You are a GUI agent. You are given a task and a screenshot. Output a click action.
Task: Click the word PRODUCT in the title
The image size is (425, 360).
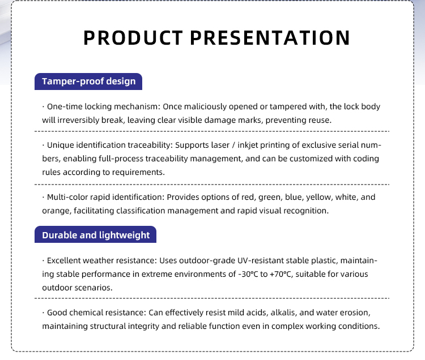[x=133, y=37]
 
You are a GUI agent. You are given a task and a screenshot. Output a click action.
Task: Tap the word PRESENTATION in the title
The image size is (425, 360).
[x=270, y=37]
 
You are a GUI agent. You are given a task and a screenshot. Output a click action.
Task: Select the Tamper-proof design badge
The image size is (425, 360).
[x=88, y=82]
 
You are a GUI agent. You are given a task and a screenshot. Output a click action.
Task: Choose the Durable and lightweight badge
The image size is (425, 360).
[x=95, y=234]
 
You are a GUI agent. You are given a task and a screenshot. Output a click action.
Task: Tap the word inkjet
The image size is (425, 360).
[x=248, y=145]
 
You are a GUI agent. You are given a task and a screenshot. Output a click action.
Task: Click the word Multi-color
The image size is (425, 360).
[x=67, y=197]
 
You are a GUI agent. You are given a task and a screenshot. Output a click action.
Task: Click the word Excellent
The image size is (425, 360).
[x=63, y=260]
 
